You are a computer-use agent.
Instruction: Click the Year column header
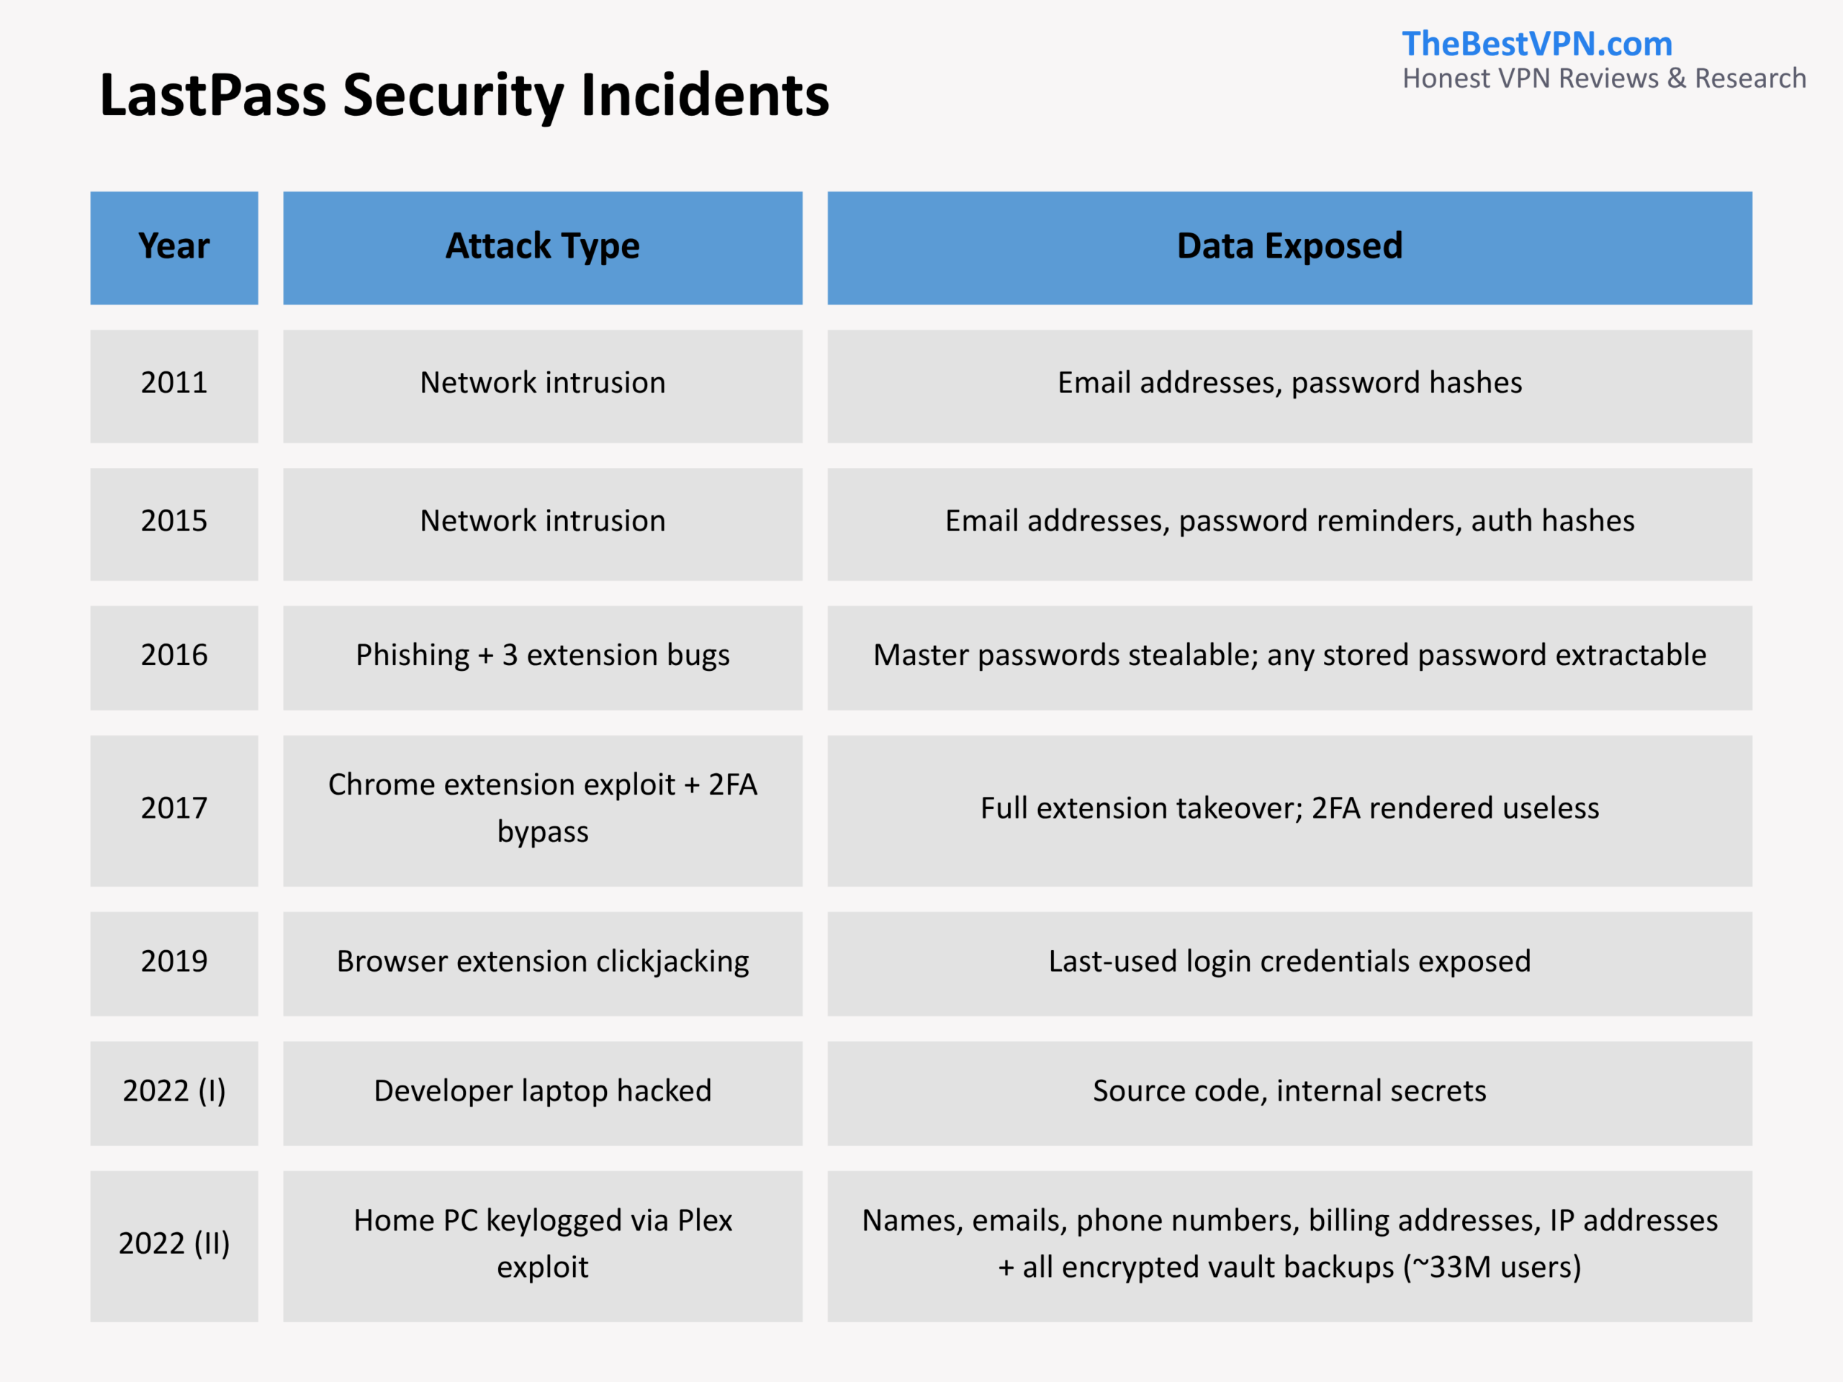click(174, 248)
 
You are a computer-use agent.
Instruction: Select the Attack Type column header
click(542, 248)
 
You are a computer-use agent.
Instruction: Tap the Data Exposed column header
click(1290, 248)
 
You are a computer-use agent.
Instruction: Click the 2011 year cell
click(174, 386)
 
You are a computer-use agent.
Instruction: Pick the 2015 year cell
click(174, 524)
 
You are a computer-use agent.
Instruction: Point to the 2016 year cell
click(174, 657)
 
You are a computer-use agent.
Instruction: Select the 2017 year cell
click(174, 810)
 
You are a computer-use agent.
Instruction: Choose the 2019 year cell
click(174, 963)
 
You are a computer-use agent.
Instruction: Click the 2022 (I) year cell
click(174, 1093)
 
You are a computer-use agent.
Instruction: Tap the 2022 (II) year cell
click(174, 1246)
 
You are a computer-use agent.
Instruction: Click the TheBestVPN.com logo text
click(1537, 44)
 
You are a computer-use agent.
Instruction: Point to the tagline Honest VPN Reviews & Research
click(1604, 78)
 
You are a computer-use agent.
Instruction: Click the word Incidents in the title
click(705, 95)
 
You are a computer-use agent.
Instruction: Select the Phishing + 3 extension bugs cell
click(542, 657)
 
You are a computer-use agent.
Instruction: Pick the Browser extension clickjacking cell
click(542, 963)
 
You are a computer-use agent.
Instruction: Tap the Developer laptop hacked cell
click(542, 1093)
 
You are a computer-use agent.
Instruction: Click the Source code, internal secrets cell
click(1290, 1093)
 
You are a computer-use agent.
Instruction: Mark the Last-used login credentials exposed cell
click(1290, 963)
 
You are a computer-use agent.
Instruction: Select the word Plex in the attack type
click(705, 1220)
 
